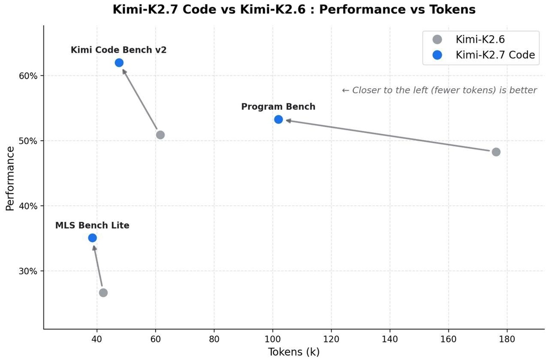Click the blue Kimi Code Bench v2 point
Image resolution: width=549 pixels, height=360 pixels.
(x=119, y=63)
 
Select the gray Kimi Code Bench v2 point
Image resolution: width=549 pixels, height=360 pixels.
(x=160, y=135)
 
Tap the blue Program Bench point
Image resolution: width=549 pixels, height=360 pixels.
(x=279, y=119)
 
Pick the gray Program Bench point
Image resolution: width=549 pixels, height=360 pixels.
(x=496, y=152)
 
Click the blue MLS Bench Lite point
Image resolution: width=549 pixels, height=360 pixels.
(x=92, y=238)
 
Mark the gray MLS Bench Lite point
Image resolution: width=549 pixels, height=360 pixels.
(x=103, y=293)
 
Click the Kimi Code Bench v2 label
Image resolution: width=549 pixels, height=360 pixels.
(x=118, y=50)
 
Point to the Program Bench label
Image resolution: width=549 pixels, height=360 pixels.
(x=278, y=107)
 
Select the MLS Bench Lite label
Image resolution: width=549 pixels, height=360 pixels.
(x=92, y=226)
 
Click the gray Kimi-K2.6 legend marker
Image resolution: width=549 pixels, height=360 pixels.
(x=437, y=39)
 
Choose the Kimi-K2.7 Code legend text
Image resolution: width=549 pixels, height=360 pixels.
(x=495, y=55)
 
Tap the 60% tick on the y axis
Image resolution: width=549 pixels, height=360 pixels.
(x=28, y=76)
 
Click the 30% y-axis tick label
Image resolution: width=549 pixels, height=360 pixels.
(x=28, y=271)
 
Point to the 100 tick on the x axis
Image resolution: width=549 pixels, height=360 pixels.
(x=273, y=339)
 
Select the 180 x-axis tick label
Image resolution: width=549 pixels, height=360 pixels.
(x=507, y=339)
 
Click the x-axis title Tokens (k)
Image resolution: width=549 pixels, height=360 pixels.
(x=294, y=352)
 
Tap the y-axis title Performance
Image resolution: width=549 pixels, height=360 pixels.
(x=10, y=178)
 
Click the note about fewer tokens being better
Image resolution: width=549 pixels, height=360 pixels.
(x=440, y=91)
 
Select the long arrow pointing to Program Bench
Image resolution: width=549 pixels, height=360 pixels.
(x=388, y=135)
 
